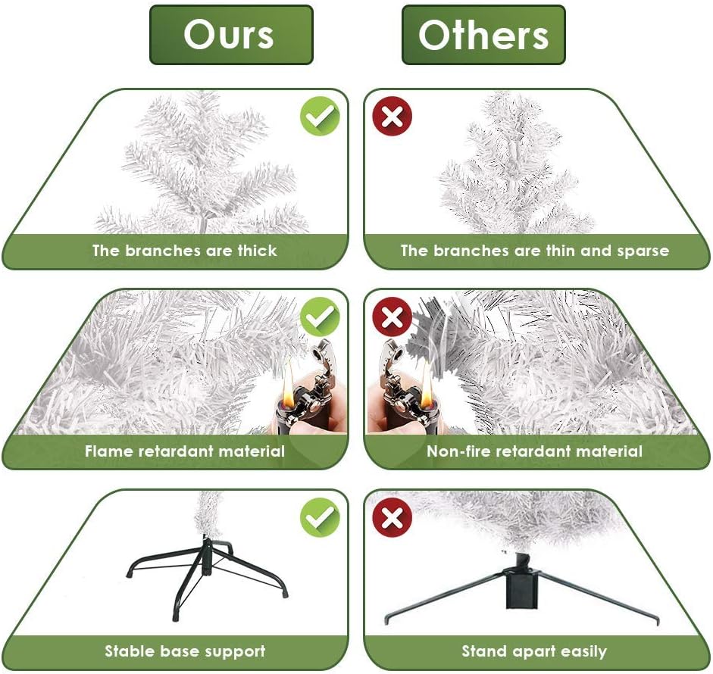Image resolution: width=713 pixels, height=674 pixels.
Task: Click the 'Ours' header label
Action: [x=231, y=35]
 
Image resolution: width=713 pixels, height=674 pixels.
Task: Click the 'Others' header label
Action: [x=483, y=35]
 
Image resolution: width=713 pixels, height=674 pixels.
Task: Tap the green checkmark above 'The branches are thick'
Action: [x=320, y=116]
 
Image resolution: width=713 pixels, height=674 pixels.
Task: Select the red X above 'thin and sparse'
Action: [x=392, y=116]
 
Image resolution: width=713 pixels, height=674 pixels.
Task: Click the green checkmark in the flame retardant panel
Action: [x=320, y=317]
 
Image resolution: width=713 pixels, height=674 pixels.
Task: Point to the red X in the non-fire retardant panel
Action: [x=392, y=317]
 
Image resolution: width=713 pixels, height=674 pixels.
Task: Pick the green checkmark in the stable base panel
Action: [x=320, y=517]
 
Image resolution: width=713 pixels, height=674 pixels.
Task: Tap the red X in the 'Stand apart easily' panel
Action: [x=392, y=517]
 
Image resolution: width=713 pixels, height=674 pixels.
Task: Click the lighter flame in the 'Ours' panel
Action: [x=288, y=381]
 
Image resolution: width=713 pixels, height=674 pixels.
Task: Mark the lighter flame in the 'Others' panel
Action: [x=426, y=382]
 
